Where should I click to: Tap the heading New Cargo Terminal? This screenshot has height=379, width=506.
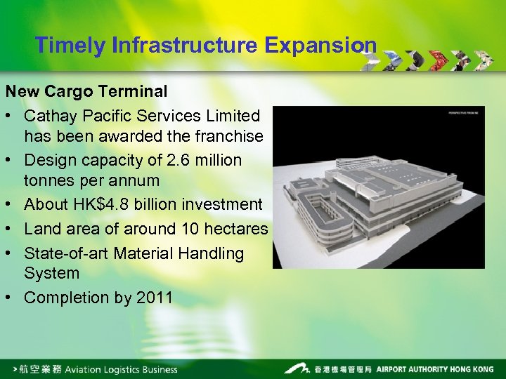(x=86, y=91)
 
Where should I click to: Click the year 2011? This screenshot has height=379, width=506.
(x=155, y=298)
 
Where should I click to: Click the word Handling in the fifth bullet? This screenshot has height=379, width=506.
(x=210, y=253)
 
